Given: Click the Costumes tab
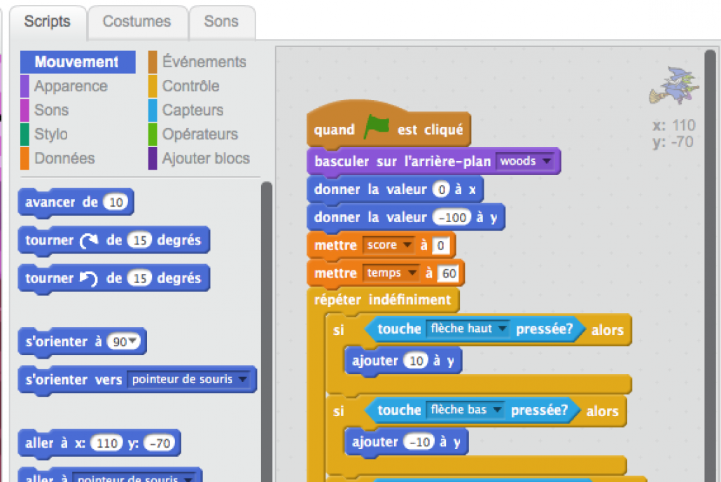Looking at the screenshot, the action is (x=136, y=22).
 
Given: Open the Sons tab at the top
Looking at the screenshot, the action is (x=221, y=22).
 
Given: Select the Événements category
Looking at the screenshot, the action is (x=204, y=62).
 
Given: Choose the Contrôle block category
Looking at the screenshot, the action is (x=190, y=86).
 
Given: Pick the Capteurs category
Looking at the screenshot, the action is (x=192, y=110).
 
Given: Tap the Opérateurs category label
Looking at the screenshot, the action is (x=199, y=134).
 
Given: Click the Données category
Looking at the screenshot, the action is (x=64, y=158).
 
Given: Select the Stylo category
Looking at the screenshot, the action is (x=50, y=134).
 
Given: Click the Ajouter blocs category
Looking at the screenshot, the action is (x=205, y=158).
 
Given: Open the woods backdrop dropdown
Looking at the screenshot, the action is (x=524, y=161).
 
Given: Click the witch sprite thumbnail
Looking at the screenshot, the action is (x=674, y=86).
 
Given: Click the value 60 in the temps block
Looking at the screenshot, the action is (x=447, y=273).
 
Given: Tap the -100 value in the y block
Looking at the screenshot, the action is (x=451, y=217).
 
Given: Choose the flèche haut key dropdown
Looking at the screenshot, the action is (x=468, y=329).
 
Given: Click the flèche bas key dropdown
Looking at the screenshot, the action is (x=465, y=410).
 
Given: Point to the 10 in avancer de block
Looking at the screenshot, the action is (x=117, y=202).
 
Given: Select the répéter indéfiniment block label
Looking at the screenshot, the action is (x=382, y=300).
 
